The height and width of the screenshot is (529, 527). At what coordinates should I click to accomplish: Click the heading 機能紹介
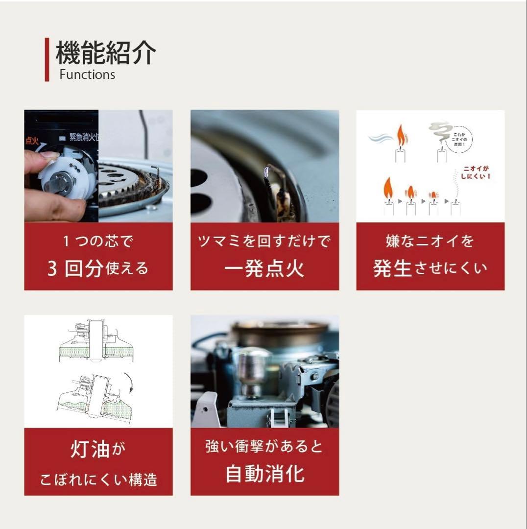106,53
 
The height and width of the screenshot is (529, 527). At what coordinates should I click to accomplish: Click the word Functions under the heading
87,74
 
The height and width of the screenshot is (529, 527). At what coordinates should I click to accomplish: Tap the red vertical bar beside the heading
47,59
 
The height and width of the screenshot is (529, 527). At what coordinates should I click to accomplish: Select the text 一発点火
264,269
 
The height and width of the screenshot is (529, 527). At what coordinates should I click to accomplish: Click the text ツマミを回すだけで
264,241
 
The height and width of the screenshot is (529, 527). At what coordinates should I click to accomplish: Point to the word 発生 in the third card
392,268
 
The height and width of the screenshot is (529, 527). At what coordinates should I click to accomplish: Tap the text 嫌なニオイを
430,241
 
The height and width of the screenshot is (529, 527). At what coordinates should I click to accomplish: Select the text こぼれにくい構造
98,479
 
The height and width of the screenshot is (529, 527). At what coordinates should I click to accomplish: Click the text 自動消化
264,474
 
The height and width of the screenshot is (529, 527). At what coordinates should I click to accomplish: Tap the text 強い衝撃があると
264,446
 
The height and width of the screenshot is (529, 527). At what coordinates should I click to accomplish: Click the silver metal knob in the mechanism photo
253,367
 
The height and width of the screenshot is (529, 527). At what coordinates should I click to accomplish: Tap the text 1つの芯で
98,241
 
